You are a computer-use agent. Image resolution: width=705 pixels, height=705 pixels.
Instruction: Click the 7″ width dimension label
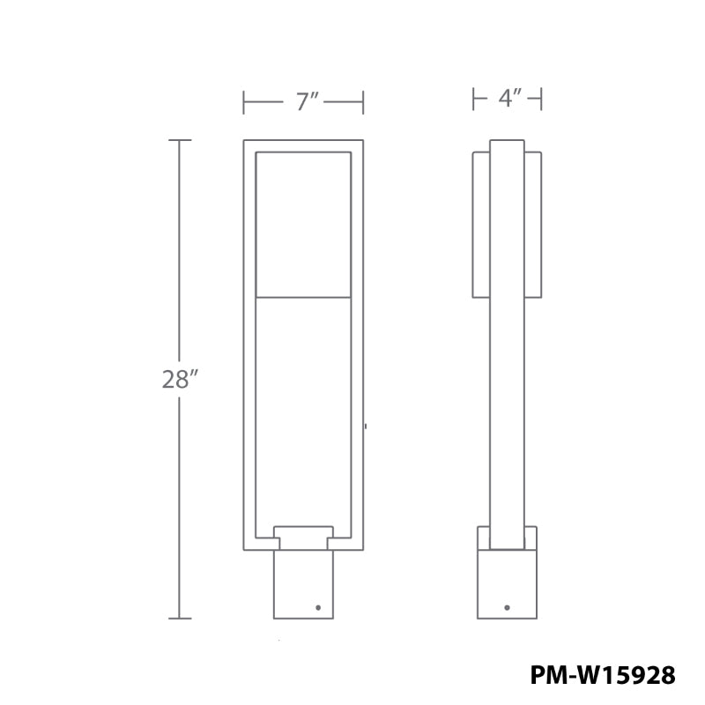(306, 101)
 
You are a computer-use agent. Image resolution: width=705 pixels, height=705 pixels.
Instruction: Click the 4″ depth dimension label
(508, 99)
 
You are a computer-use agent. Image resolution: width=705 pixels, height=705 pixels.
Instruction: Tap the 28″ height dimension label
(179, 380)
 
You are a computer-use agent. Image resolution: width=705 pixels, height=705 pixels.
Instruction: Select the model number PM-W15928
(603, 675)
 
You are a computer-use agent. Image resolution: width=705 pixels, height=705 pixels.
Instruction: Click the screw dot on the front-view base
(318, 607)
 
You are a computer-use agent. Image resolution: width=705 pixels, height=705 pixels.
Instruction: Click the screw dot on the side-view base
(507, 607)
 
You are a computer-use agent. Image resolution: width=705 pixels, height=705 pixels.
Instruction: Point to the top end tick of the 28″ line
(180, 140)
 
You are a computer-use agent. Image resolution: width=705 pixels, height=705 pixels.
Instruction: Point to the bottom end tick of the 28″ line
(180, 618)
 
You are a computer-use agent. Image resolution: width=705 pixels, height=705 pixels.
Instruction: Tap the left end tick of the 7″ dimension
(244, 102)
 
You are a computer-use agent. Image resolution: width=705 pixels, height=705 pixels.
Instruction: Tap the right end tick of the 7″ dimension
(363, 102)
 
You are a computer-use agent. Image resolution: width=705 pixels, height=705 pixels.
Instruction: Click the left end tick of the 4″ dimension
(473, 99)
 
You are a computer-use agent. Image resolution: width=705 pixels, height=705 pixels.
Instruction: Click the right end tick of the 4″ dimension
(541, 99)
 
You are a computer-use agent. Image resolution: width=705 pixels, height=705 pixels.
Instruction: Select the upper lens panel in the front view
(303, 225)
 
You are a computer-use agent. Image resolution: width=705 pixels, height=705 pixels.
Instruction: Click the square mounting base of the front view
(303, 583)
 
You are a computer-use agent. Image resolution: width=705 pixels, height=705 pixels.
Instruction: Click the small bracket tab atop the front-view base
(304, 532)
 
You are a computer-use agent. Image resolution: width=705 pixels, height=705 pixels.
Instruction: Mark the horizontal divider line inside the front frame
(303, 297)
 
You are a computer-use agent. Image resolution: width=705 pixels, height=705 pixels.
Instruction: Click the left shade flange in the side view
(481, 225)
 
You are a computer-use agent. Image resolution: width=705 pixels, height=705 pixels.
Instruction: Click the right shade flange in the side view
(532, 225)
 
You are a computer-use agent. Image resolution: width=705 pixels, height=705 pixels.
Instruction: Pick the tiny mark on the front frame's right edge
(366, 427)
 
